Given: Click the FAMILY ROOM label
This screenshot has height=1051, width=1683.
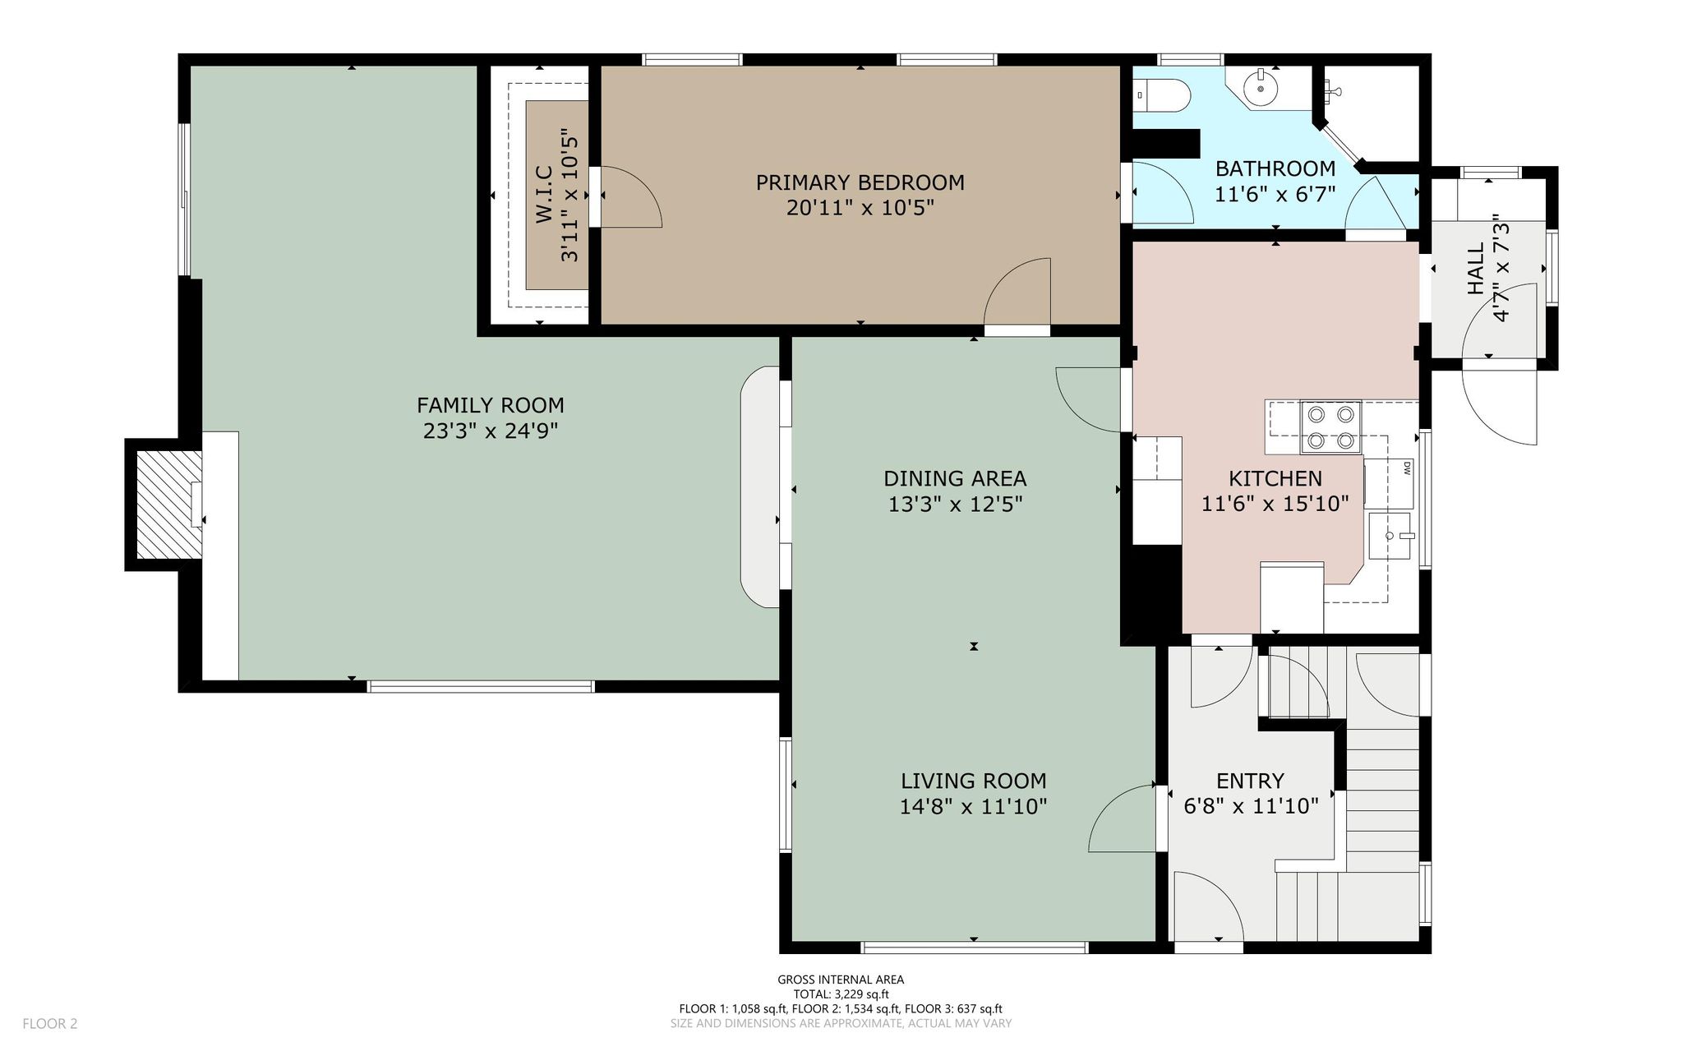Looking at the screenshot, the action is (x=490, y=405).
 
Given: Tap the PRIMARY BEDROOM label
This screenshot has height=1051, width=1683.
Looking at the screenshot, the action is (x=860, y=182).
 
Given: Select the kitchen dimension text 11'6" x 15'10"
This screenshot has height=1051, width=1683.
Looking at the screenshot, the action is (x=1275, y=504).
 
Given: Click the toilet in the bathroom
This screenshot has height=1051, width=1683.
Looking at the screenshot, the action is (x=1161, y=95).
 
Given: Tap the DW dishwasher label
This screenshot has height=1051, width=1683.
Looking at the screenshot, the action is (x=1406, y=468).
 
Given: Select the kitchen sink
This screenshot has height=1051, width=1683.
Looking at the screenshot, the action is (x=1390, y=536).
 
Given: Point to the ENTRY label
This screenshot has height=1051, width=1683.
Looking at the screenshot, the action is (x=1250, y=781).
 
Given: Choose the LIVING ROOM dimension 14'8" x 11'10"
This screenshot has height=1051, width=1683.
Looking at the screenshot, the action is (x=973, y=807).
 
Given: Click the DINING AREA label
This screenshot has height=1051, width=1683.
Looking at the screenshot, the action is (x=955, y=478).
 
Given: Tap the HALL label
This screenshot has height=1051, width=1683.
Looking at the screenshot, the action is (x=1476, y=268).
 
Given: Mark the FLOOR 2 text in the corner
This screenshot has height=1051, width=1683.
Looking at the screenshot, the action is (x=50, y=1024).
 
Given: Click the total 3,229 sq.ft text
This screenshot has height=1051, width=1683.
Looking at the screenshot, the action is (x=841, y=994).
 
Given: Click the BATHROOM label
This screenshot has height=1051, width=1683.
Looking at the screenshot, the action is (x=1275, y=168).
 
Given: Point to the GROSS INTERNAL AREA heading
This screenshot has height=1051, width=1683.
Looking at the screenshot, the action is (x=841, y=980).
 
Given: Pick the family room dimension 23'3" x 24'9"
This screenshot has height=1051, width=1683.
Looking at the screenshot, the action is (x=491, y=431).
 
